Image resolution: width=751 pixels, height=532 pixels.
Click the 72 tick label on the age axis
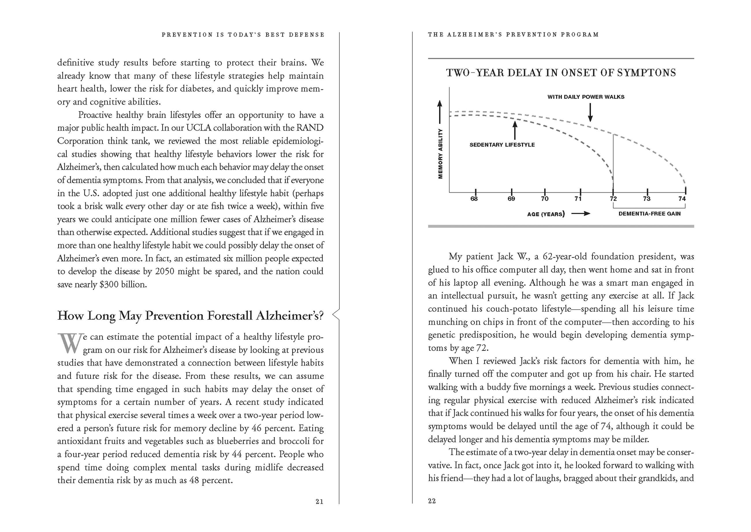pos(613,199)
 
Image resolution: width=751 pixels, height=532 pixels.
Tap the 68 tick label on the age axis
pos(474,199)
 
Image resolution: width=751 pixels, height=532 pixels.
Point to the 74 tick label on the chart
pos(682,199)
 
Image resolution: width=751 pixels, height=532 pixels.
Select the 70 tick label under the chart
pos(544,199)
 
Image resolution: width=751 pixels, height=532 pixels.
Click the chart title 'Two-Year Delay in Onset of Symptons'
pos(561,73)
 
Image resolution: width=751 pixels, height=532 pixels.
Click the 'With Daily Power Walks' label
pos(586,97)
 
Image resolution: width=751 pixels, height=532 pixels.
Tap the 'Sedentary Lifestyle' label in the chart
pos(502,145)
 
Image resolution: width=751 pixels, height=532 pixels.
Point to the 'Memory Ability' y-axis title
pos(440,154)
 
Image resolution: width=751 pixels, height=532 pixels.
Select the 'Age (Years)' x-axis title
pos(546,214)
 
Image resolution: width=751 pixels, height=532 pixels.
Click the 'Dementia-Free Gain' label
pos(649,214)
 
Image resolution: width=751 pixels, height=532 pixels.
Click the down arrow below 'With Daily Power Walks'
pos(590,113)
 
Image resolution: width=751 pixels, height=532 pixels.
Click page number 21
pos(319,501)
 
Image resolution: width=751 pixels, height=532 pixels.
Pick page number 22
pos(432,501)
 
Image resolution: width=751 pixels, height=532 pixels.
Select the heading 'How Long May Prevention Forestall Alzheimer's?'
pos(190,316)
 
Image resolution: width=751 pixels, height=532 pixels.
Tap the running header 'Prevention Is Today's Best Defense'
pos(243,35)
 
